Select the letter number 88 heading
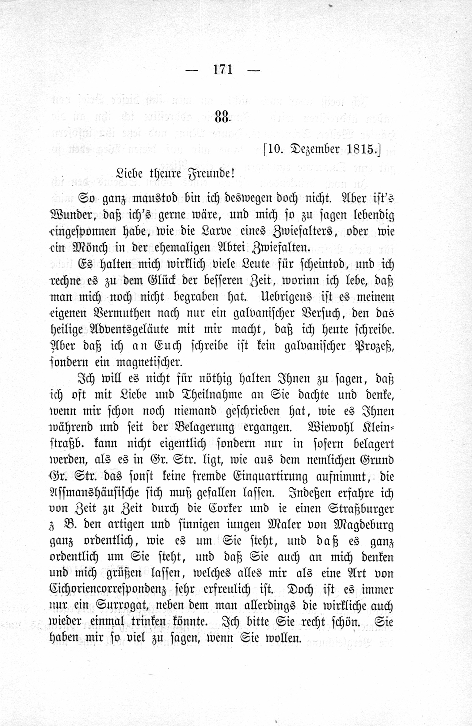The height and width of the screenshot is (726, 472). pyautogui.click(x=222, y=117)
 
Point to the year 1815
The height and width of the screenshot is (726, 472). pyautogui.click(x=361, y=149)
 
